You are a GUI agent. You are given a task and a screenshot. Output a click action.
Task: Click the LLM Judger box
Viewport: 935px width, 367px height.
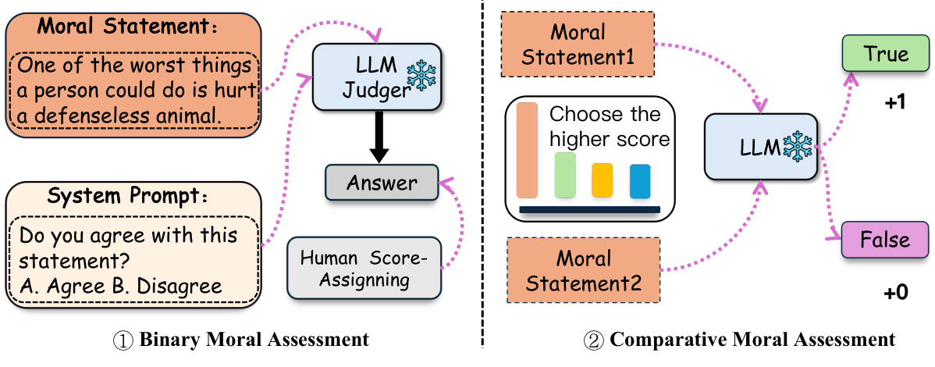tap(367, 77)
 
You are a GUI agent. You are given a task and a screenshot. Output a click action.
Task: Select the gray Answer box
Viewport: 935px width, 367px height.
tap(382, 183)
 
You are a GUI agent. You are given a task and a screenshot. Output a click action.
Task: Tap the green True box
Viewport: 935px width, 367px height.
tap(885, 54)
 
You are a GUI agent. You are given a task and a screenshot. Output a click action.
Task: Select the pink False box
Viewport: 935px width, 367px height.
tap(885, 238)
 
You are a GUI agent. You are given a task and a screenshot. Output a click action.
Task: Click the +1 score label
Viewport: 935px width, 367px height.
tap(894, 102)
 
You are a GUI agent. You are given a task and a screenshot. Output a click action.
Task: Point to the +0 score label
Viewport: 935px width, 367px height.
tap(895, 293)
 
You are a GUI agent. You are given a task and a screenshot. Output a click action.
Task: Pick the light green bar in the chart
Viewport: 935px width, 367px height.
tap(565, 175)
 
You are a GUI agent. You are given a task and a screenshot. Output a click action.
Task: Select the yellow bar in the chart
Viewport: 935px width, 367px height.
tap(602, 180)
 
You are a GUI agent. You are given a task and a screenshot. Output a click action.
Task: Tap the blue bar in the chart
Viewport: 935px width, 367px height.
tap(639, 180)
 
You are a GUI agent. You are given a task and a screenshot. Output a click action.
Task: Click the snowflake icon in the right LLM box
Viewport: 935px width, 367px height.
tap(797, 145)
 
